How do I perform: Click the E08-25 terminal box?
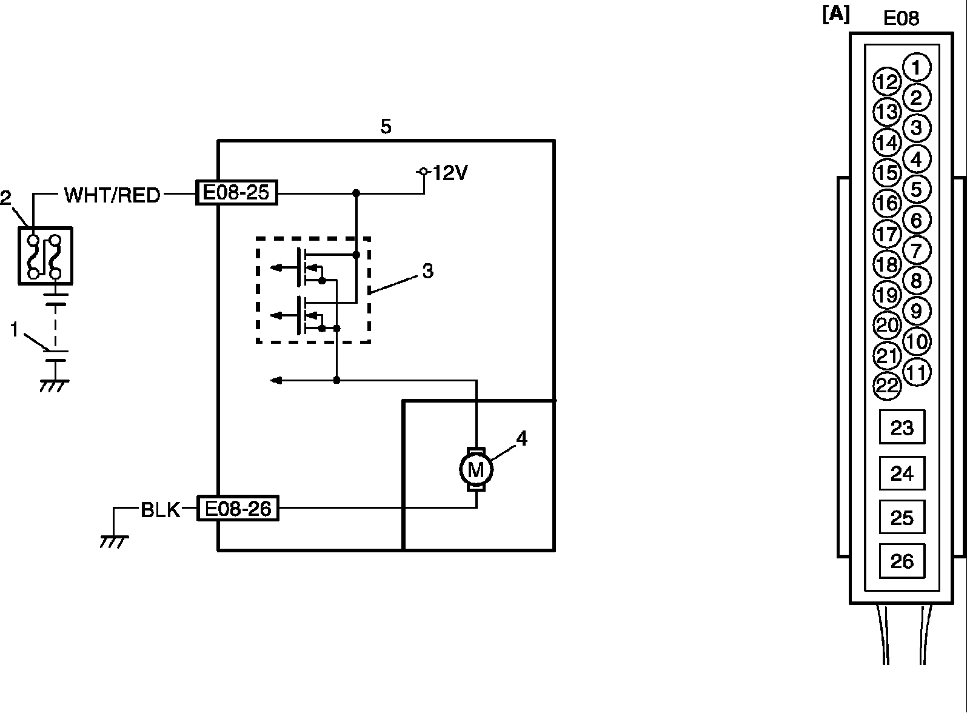coord(236,193)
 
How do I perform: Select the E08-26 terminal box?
coord(238,509)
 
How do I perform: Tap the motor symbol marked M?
coord(476,469)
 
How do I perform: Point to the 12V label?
coord(450,174)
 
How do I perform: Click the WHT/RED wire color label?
coord(112,195)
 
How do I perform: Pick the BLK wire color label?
coord(160,510)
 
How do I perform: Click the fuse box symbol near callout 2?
coord(45,256)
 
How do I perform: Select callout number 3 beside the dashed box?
coord(427,272)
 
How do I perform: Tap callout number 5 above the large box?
coord(386,127)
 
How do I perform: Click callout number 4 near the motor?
coord(521,438)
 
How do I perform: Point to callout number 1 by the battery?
coord(16,330)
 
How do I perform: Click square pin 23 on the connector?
coord(901,428)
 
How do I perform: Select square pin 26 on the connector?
coord(901,561)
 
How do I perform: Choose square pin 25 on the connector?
coord(901,518)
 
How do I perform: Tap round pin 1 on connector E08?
coord(917,67)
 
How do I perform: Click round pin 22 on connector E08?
coord(887,386)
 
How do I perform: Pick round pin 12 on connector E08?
coord(887,82)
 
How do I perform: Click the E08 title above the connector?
coord(901,18)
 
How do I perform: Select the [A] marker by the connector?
coord(836,15)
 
